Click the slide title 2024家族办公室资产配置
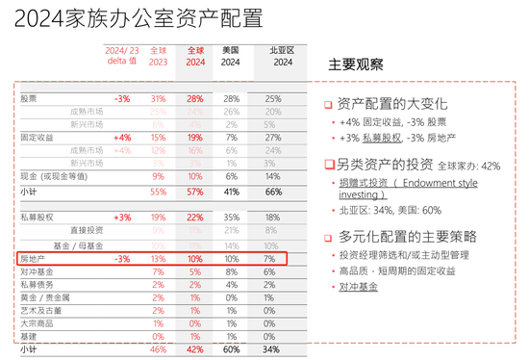point(135,19)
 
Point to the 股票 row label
point(30,99)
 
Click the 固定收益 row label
point(36,138)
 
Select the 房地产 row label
point(33,259)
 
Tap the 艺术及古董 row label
point(38,311)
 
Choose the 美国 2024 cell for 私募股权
point(231,219)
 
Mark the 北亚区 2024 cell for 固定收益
point(272,138)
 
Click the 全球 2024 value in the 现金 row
point(195,177)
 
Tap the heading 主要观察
point(356,65)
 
